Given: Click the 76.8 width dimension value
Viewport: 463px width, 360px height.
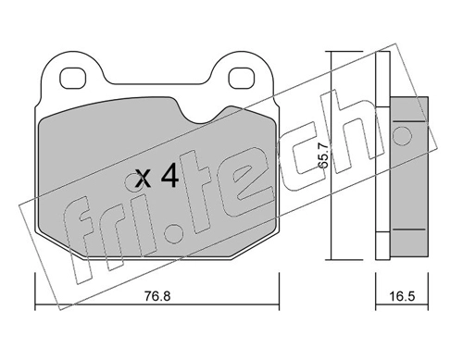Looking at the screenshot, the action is (157, 296).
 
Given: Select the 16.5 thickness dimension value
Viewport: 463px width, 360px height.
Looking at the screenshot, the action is (402, 296).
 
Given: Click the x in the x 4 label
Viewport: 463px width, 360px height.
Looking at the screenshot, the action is (143, 179).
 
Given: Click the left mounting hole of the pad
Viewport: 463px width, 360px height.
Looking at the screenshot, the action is (72, 78).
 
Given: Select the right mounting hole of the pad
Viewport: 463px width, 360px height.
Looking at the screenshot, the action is (241, 78).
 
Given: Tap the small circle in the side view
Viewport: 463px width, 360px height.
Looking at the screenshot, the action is (402, 135).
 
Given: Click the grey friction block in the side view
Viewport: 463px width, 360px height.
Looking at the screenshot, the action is (409, 177).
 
